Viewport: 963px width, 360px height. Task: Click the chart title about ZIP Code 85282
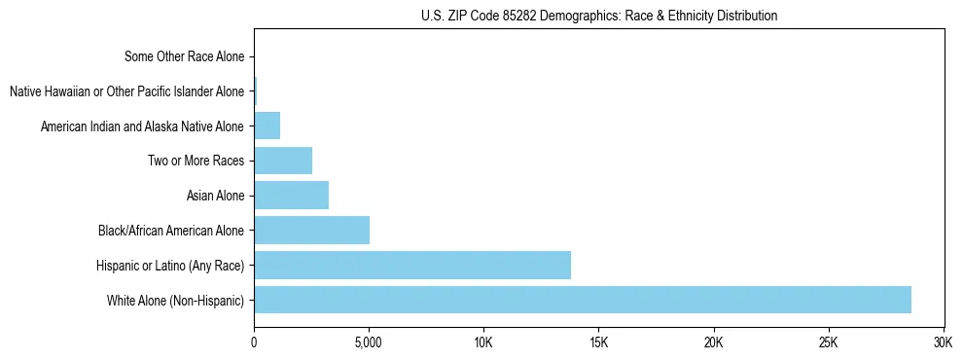point(599,17)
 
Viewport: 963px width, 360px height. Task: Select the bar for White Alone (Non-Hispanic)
point(583,300)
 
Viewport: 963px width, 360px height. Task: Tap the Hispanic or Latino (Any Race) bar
point(412,265)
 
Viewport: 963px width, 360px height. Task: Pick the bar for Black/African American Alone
point(311,231)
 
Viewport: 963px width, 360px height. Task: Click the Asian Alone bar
point(291,196)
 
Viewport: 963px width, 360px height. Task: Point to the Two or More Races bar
point(283,161)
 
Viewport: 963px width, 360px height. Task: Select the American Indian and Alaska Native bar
point(267,126)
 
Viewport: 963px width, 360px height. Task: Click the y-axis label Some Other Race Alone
point(185,56)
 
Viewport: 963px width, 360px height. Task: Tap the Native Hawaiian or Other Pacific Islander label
point(126,91)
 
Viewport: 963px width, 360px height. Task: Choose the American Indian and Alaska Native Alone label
point(142,126)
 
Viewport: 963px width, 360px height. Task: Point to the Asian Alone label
point(215,196)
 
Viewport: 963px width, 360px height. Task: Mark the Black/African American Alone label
point(171,231)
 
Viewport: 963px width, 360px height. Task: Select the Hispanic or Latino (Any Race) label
point(170,265)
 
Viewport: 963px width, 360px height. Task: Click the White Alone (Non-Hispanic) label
point(176,300)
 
